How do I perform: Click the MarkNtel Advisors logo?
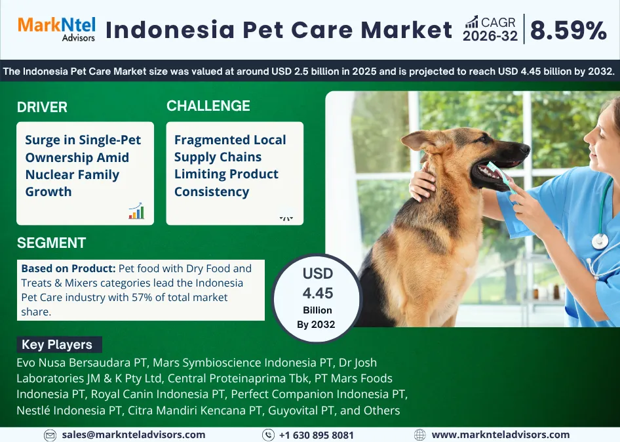coord(56,29)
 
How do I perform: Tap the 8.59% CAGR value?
coord(568,30)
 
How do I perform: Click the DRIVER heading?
coord(42,108)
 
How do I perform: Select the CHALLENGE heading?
coord(208,106)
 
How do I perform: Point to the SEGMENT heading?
coord(51,243)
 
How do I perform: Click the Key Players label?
coord(57,345)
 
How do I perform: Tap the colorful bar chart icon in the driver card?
coord(136,211)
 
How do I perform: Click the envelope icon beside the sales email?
coord(50,435)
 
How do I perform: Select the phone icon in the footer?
coord(268,435)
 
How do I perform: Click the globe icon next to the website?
coord(420,435)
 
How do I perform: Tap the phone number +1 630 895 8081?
coord(317,435)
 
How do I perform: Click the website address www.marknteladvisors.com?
coord(501,435)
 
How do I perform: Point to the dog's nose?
coord(524,149)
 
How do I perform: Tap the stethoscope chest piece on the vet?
coord(600,241)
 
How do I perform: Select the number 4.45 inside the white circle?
coord(318,293)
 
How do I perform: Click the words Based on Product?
coord(68,268)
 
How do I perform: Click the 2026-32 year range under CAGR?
coord(490,36)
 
